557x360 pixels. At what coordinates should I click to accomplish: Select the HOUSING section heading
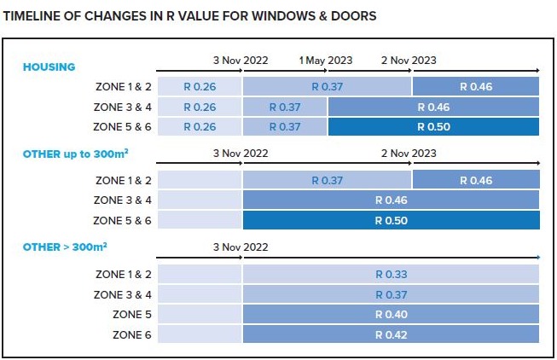(49, 67)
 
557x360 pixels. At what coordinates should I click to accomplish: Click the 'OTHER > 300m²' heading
(65, 247)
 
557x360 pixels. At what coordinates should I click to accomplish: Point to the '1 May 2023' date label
(324, 61)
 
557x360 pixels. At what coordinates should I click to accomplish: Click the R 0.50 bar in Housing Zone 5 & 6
(433, 127)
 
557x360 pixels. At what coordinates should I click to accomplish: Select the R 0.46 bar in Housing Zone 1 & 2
(475, 86)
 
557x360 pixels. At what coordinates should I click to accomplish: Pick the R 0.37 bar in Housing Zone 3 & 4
(285, 107)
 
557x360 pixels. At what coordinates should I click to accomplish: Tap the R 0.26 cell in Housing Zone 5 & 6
(199, 127)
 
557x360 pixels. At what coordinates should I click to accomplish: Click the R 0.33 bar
(391, 274)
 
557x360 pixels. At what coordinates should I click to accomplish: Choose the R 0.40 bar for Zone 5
(391, 315)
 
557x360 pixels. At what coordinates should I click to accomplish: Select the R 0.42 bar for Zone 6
(391, 335)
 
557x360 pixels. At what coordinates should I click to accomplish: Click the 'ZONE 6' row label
(132, 335)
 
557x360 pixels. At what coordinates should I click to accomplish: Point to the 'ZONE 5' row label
(132, 315)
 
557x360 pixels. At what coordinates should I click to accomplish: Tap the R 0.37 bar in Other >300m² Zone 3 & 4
(391, 294)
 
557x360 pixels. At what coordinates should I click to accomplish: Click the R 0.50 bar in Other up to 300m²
(391, 221)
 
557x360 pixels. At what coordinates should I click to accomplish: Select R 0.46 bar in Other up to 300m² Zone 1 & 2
(475, 180)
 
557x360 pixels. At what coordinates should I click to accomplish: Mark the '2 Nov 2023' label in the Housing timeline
(408, 61)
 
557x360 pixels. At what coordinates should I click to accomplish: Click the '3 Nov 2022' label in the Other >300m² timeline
(241, 247)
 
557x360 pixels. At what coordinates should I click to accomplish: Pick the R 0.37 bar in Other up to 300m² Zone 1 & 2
(327, 180)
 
